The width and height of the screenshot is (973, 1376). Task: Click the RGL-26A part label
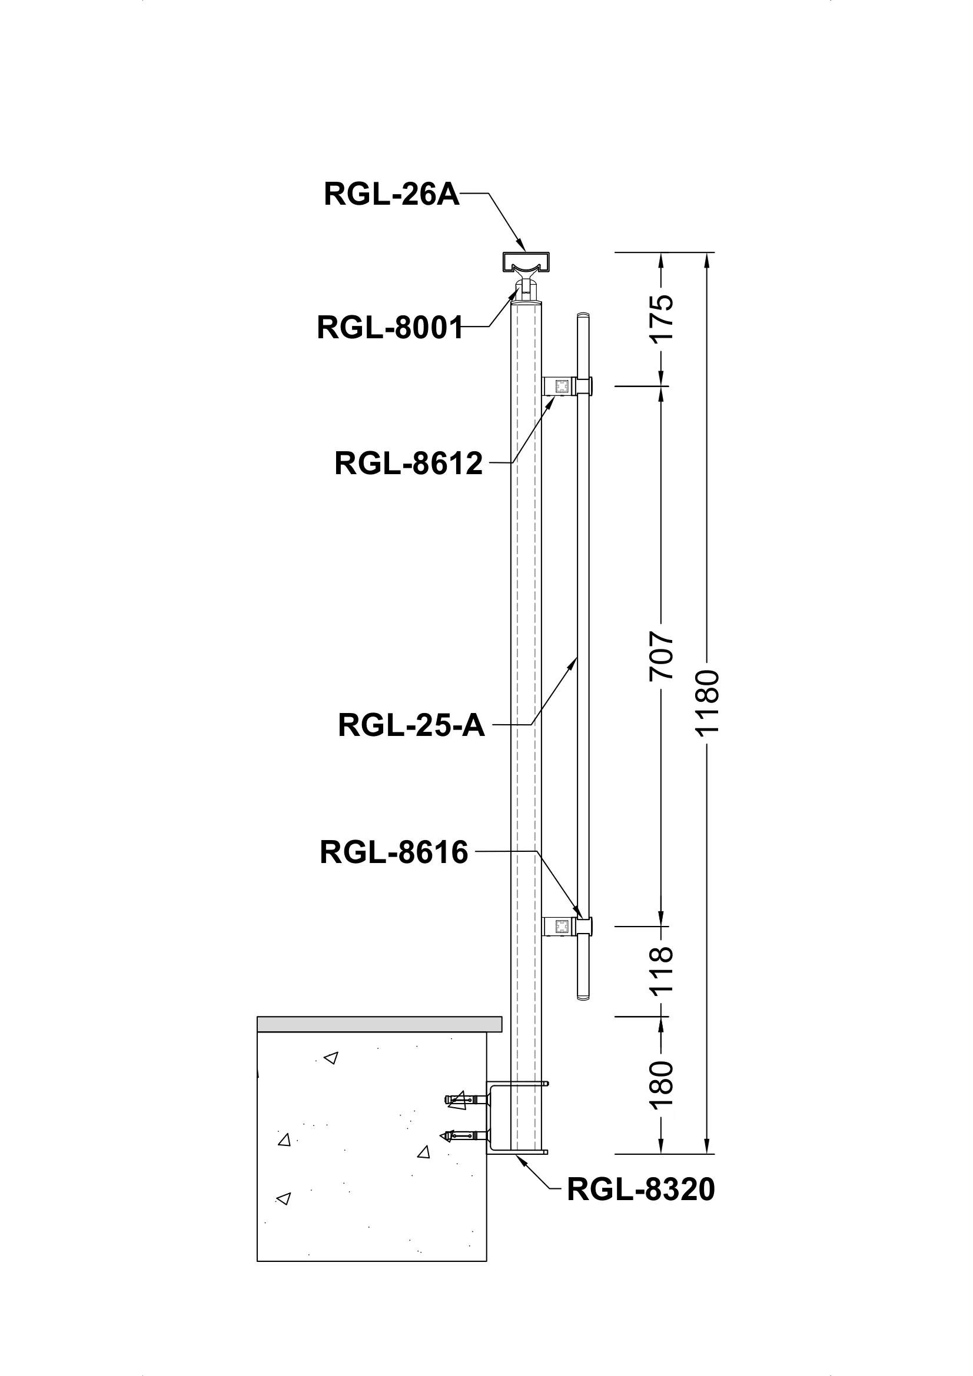click(x=391, y=195)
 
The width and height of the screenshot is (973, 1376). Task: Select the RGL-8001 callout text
click(x=390, y=328)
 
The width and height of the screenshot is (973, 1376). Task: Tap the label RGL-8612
click(x=409, y=463)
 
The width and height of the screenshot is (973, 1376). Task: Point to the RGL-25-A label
click(x=411, y=725)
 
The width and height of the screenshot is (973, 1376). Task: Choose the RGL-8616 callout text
click(x=393, y=852)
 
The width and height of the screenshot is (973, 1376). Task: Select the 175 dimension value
click(x=662, y=318)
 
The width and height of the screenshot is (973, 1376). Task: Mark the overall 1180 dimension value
click(x=708, y=702)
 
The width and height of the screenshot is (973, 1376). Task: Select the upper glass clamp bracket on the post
click(x=561, y=386)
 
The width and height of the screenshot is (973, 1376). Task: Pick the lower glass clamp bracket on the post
click(x=561, y=927)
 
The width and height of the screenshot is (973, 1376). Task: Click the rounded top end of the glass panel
click(x=583, y=315)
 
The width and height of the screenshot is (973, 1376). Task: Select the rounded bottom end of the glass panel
click(x=583, y=997)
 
